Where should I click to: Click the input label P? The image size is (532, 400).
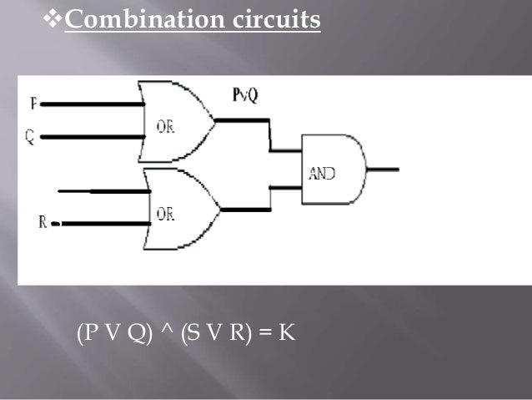pyautogui.click(x=33, y=104)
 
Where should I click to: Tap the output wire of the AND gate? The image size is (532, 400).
pyautogui.click(x=384, y=170)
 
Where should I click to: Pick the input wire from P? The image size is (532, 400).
pyautogui.click(x=92, y=104)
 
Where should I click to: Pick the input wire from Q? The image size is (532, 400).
pyautogui.click(x=92, y=136)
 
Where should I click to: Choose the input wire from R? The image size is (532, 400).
pyautogui.click(x=100, y=223)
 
